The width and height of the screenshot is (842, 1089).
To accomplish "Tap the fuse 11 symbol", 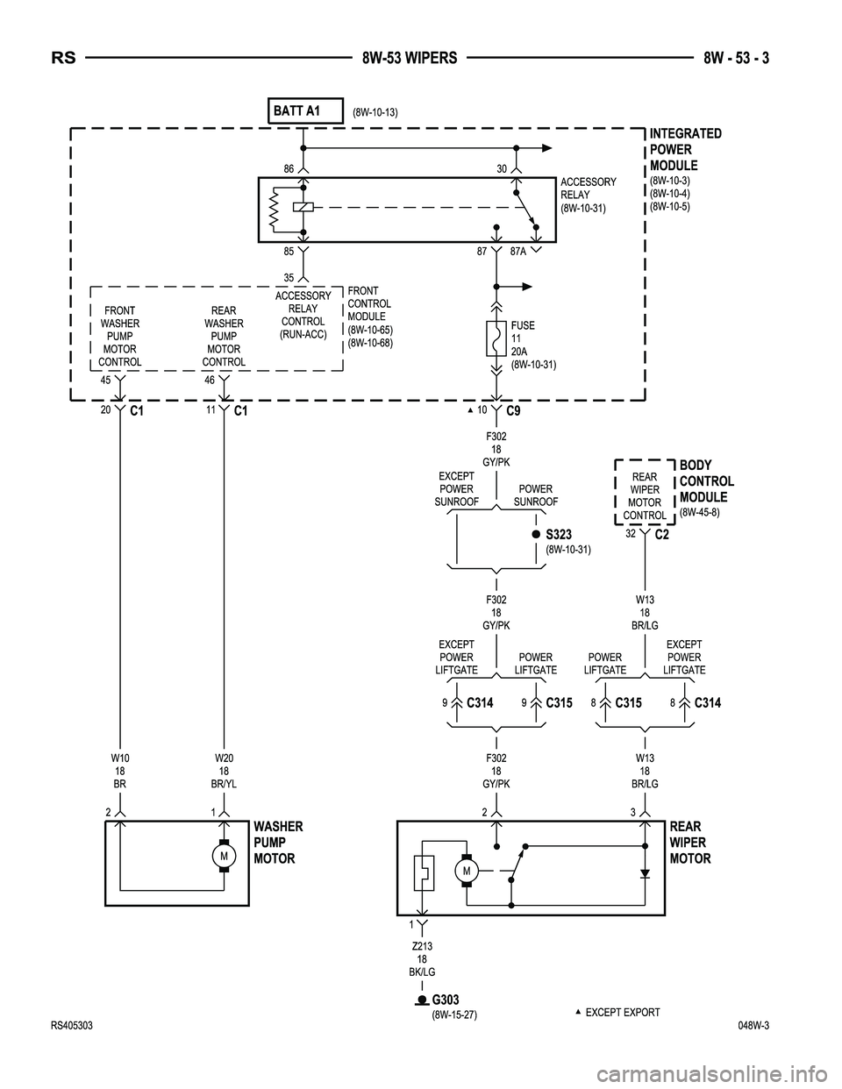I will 496,339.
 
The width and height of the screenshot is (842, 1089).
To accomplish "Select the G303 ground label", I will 446,1000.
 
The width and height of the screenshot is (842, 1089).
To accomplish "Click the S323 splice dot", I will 535,533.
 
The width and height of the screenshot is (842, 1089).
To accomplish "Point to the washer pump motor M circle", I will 224,855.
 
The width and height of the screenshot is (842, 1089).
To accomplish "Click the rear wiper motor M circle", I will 467,871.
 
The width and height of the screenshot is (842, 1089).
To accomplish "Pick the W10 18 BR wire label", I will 119,770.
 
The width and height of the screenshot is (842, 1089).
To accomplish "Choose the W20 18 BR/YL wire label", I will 224,770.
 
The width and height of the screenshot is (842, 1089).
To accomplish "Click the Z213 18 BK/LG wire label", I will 422,958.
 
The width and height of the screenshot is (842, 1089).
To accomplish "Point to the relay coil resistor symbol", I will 274,209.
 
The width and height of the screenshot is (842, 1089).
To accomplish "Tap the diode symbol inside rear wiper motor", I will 646,873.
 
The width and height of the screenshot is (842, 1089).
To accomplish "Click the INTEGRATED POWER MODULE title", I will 685,149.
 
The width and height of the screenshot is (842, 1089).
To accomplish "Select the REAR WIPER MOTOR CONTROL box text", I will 645,496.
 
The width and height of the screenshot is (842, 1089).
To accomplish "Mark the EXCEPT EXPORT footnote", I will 622,1012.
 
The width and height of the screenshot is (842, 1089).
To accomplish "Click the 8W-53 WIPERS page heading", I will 410,59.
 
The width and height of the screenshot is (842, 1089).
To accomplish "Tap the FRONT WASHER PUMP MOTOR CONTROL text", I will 119,336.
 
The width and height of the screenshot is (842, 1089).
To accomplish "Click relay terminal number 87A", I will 518,252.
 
